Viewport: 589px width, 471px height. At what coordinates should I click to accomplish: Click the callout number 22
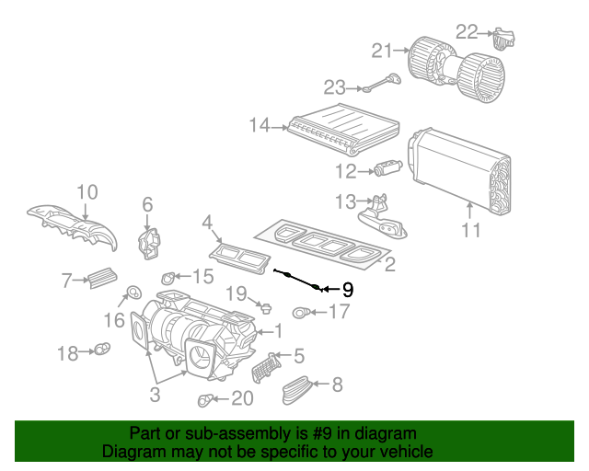coord(467,32)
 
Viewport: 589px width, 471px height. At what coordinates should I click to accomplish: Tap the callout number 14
coord(259,125)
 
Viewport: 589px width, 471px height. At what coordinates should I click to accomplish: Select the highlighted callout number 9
coord(348,290)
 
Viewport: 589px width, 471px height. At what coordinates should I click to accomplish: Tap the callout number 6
coord(146,204)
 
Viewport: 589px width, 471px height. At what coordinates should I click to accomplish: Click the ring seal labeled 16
coord(132,293)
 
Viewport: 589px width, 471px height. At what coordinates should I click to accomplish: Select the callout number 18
coord(69,353)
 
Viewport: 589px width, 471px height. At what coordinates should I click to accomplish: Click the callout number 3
coord(155,395)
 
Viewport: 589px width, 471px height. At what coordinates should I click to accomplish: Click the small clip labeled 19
coord(264,304)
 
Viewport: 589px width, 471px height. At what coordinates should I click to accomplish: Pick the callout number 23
coord(334,87)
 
